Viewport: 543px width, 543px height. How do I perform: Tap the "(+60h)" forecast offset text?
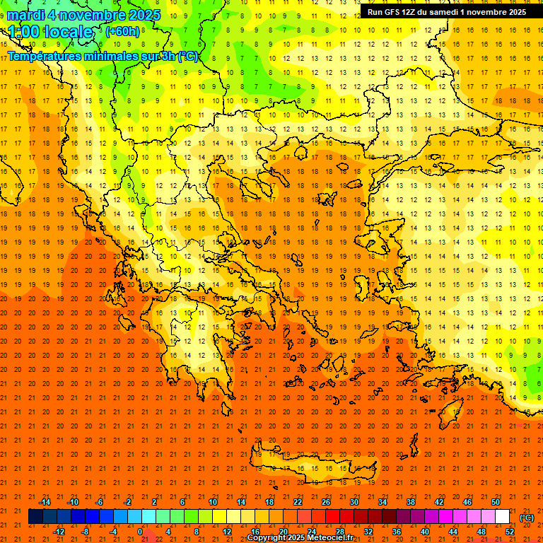coord(122,32)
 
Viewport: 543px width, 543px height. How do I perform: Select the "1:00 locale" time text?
coord(51,32)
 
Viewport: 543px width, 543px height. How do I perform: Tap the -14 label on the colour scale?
coord(45,502)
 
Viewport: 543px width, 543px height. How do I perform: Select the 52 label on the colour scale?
coord(510,532)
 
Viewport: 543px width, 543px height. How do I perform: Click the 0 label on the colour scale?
coord(139,532)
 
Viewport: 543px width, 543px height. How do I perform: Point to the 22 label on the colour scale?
coord(298,502)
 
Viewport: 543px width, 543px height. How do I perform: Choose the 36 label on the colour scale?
coord(397,532)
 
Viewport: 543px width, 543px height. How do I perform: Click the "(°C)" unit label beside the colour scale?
coord(527,518)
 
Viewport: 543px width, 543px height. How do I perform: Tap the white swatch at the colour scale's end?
coord(503,517)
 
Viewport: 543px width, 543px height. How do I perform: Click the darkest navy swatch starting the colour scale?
coord(35,517)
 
